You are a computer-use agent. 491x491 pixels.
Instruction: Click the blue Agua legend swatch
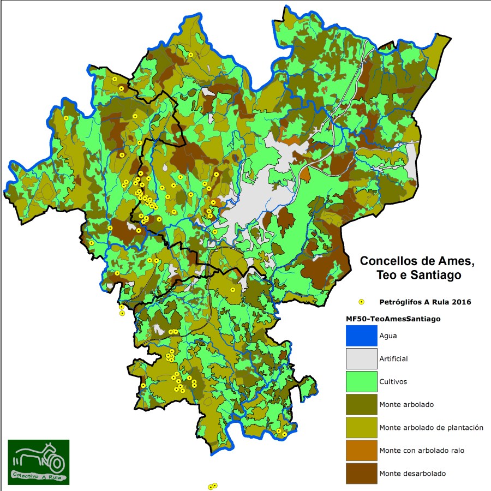[361, 336]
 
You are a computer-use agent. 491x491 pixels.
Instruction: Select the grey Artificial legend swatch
[361, 358]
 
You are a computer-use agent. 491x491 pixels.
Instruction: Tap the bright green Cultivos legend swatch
[361, 381]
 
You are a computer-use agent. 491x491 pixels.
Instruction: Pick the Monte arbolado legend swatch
[361, 404]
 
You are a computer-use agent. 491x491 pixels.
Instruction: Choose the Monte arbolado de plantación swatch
[361, 427]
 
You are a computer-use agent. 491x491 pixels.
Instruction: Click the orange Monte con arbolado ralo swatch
[361, 450]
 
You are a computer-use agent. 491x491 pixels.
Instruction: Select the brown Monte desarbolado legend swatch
[361, 473]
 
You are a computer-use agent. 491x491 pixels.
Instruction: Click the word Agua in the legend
[388, 336]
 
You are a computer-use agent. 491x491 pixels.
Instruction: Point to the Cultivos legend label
[393, 382]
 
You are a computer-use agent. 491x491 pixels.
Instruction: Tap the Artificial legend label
[393, 359]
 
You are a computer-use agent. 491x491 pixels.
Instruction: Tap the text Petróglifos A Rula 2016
[425, 302]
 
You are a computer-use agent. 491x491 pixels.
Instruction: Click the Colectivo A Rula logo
[39, 462]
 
